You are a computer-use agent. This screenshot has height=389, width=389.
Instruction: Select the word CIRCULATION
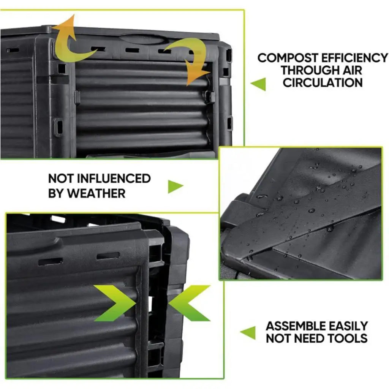coord(323,82)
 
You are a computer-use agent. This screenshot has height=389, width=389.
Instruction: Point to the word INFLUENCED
coord(113,179)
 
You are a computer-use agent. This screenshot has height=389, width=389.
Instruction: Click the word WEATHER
coord(96,193)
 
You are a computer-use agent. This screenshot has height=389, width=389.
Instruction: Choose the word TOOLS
coord(349,338)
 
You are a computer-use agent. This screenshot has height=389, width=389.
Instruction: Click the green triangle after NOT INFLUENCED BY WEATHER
coord(175,186)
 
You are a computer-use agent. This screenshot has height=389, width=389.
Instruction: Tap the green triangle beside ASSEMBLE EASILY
coord(248,333)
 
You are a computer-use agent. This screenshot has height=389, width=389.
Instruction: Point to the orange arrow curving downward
coord(190,61)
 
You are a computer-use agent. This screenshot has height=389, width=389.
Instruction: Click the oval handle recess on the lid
coord(137,39)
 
